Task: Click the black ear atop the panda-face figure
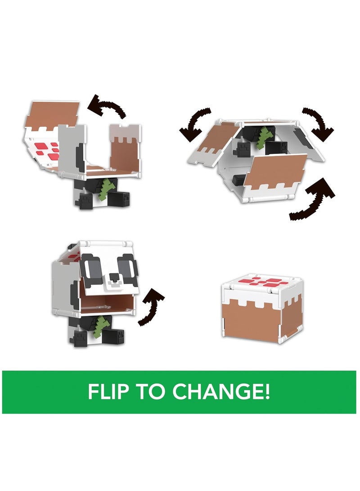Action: [x=72, y=247]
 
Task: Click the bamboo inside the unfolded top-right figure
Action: [x=264, y=138]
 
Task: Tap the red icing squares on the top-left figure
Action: [x=47, y=150]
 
